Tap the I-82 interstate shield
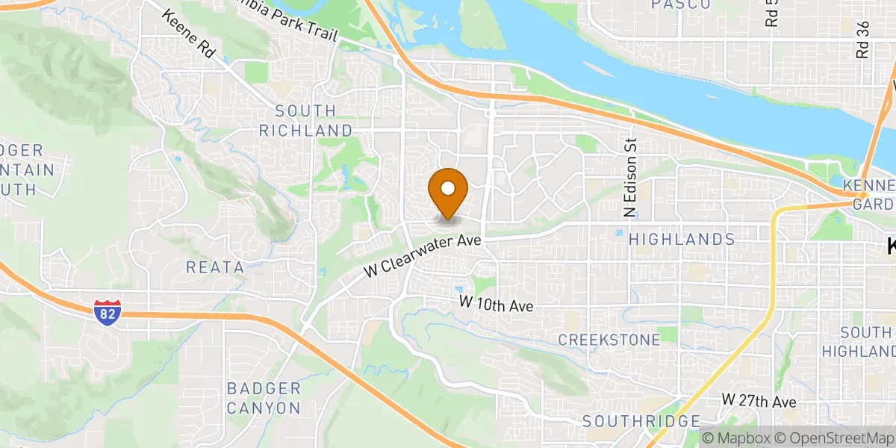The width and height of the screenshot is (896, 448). [106, 313]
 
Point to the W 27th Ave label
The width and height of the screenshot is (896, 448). [759, 401]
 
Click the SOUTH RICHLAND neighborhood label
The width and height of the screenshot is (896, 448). [305, 120]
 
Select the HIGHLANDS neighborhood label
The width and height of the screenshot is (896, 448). [682, 239]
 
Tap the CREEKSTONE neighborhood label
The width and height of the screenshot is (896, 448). [609, 340]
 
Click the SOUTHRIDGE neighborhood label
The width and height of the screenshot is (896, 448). [641, 421]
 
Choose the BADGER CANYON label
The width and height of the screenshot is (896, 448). [264, 398]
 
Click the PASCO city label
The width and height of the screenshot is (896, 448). [680, 4]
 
